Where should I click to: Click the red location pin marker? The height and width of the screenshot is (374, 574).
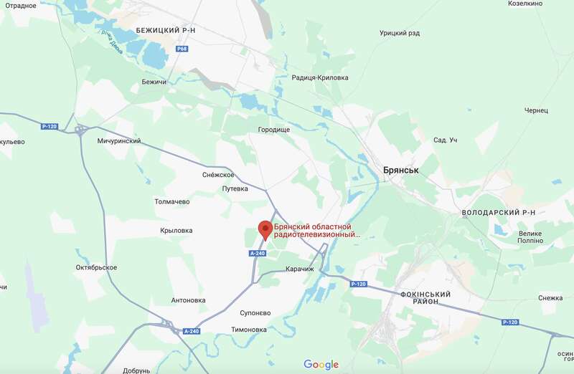coord(265,229)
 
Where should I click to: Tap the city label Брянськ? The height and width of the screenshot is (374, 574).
coord(400,171)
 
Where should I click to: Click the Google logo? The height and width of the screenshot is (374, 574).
coord(321,364)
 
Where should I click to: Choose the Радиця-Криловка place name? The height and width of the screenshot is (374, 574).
coord(319,77)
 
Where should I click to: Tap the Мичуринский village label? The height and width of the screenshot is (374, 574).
coord(118,141)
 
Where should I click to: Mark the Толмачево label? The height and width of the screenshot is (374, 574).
coord(172,202)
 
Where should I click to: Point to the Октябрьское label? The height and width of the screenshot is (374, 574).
coord(96,267)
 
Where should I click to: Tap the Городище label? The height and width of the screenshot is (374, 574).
coord(273,130)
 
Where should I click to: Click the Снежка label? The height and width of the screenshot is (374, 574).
coord(550,298)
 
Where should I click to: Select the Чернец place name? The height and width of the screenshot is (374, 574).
coord(536,110)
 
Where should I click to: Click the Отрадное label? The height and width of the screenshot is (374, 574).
coord(18,5)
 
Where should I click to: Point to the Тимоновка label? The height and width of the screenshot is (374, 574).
coord(249,330)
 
